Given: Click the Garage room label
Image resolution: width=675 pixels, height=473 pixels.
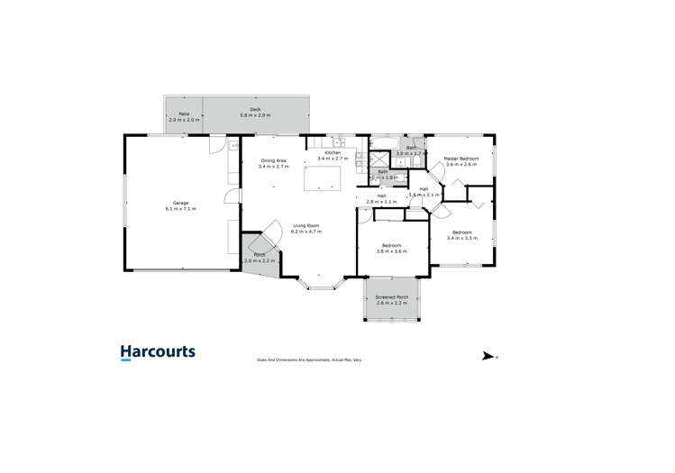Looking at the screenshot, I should [x=179, y=202].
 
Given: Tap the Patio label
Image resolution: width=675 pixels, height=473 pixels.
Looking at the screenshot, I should [x=183, y=113].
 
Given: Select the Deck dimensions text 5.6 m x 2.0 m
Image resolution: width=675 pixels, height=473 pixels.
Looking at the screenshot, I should [x=255, y=116].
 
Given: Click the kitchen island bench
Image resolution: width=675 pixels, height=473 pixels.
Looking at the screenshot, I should [x=322, y=178].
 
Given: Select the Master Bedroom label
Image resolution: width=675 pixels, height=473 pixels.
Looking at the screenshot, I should [x=461, y=158].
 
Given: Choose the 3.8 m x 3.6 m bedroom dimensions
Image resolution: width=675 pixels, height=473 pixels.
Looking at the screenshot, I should [x=391, y=251].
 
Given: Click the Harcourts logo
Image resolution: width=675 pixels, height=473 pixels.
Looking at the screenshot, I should [x=158, y=353].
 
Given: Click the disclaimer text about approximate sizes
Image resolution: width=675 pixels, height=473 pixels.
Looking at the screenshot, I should [x=310, y=359].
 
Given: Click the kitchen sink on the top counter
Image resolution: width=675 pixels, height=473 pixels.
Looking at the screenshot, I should [x=339, y=141].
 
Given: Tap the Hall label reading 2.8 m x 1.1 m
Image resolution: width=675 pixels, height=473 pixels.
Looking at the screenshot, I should [x=381, y=198].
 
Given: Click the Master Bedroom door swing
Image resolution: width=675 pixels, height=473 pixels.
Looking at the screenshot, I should [x=455, y=186].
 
